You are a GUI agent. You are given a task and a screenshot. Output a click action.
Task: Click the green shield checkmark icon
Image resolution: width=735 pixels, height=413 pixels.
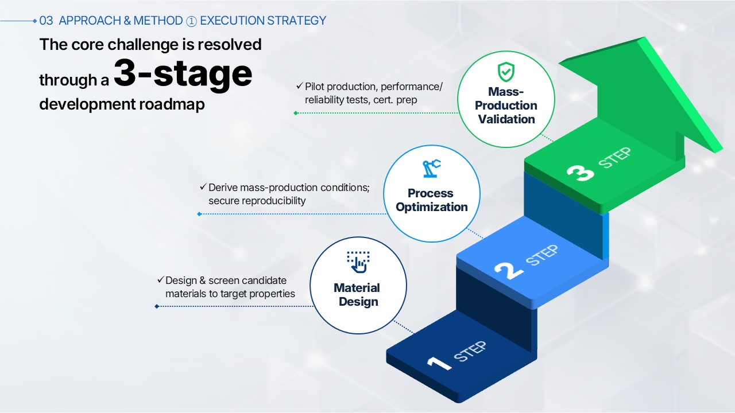coord(506,72)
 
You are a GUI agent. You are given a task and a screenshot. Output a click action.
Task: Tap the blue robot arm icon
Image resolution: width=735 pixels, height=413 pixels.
coord(431,169)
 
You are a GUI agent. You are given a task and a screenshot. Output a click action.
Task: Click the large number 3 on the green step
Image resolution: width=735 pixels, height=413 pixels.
coord(581,173)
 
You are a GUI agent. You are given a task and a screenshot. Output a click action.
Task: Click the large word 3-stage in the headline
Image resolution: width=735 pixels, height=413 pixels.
coord(183,74)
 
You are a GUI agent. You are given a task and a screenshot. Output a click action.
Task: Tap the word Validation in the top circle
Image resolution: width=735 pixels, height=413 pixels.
coord(506,119)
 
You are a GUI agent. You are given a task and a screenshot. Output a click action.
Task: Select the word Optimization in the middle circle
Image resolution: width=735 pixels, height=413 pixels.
coord(431,207)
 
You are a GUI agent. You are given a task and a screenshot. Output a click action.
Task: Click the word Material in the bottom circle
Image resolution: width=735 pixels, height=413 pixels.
coord(357,288)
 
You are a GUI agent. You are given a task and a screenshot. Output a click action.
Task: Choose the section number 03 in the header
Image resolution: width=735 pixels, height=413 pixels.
coord(46,21)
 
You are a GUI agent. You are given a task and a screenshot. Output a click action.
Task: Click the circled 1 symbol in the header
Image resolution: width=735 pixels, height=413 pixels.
coord(191,21)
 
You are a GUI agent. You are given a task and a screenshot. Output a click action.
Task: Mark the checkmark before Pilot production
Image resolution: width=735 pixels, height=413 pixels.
coord(299,86)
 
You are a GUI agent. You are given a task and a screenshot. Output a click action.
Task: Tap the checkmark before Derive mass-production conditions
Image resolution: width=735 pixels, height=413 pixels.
coord(203,187)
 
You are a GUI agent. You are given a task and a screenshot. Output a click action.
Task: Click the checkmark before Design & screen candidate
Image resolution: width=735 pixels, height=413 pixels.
coord(160,279)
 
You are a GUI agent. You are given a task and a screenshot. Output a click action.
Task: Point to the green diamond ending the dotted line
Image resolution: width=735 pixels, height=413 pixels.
coord(296,113)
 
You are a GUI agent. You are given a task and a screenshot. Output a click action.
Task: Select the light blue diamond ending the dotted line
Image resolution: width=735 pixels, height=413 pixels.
coord(199,214)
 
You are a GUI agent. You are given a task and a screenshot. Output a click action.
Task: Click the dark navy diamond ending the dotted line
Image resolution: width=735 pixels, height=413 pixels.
coord(157,306)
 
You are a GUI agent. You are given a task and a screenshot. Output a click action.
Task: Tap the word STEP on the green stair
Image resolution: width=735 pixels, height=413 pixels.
coord(614,158)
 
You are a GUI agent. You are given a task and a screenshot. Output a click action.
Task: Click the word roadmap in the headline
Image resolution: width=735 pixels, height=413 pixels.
coord(172,104)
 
